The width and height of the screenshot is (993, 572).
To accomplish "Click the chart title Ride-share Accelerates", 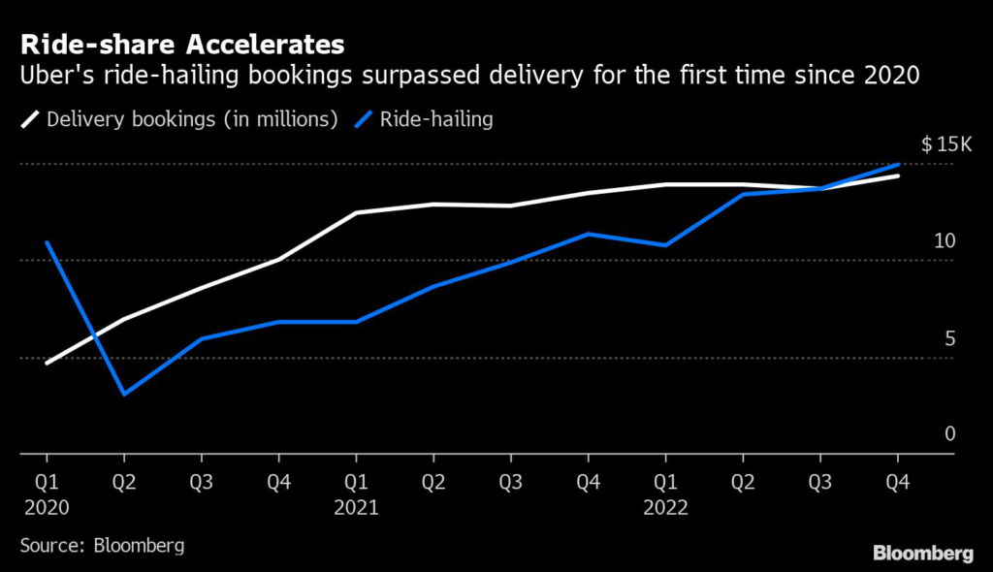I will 181,45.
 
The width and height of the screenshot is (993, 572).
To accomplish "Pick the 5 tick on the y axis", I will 949,338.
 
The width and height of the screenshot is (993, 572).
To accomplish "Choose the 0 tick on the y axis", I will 949,433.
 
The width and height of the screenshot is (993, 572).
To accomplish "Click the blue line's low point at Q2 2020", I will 124,394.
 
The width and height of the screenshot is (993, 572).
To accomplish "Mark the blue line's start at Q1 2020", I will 47,242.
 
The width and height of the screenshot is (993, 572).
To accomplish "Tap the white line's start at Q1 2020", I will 47,363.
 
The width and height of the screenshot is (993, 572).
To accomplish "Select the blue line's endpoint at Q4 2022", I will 898,165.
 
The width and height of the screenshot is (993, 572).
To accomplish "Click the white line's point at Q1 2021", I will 356,212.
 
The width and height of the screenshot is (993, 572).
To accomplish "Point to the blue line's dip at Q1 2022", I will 665,245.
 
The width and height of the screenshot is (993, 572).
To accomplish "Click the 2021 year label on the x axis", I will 356,506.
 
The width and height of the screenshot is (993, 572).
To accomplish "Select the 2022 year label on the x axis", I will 665,506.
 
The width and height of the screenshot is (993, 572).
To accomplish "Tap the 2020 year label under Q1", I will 47,506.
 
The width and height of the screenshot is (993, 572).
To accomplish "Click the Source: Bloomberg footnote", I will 102,545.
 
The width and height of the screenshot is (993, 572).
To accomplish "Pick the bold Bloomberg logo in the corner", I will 923,554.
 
